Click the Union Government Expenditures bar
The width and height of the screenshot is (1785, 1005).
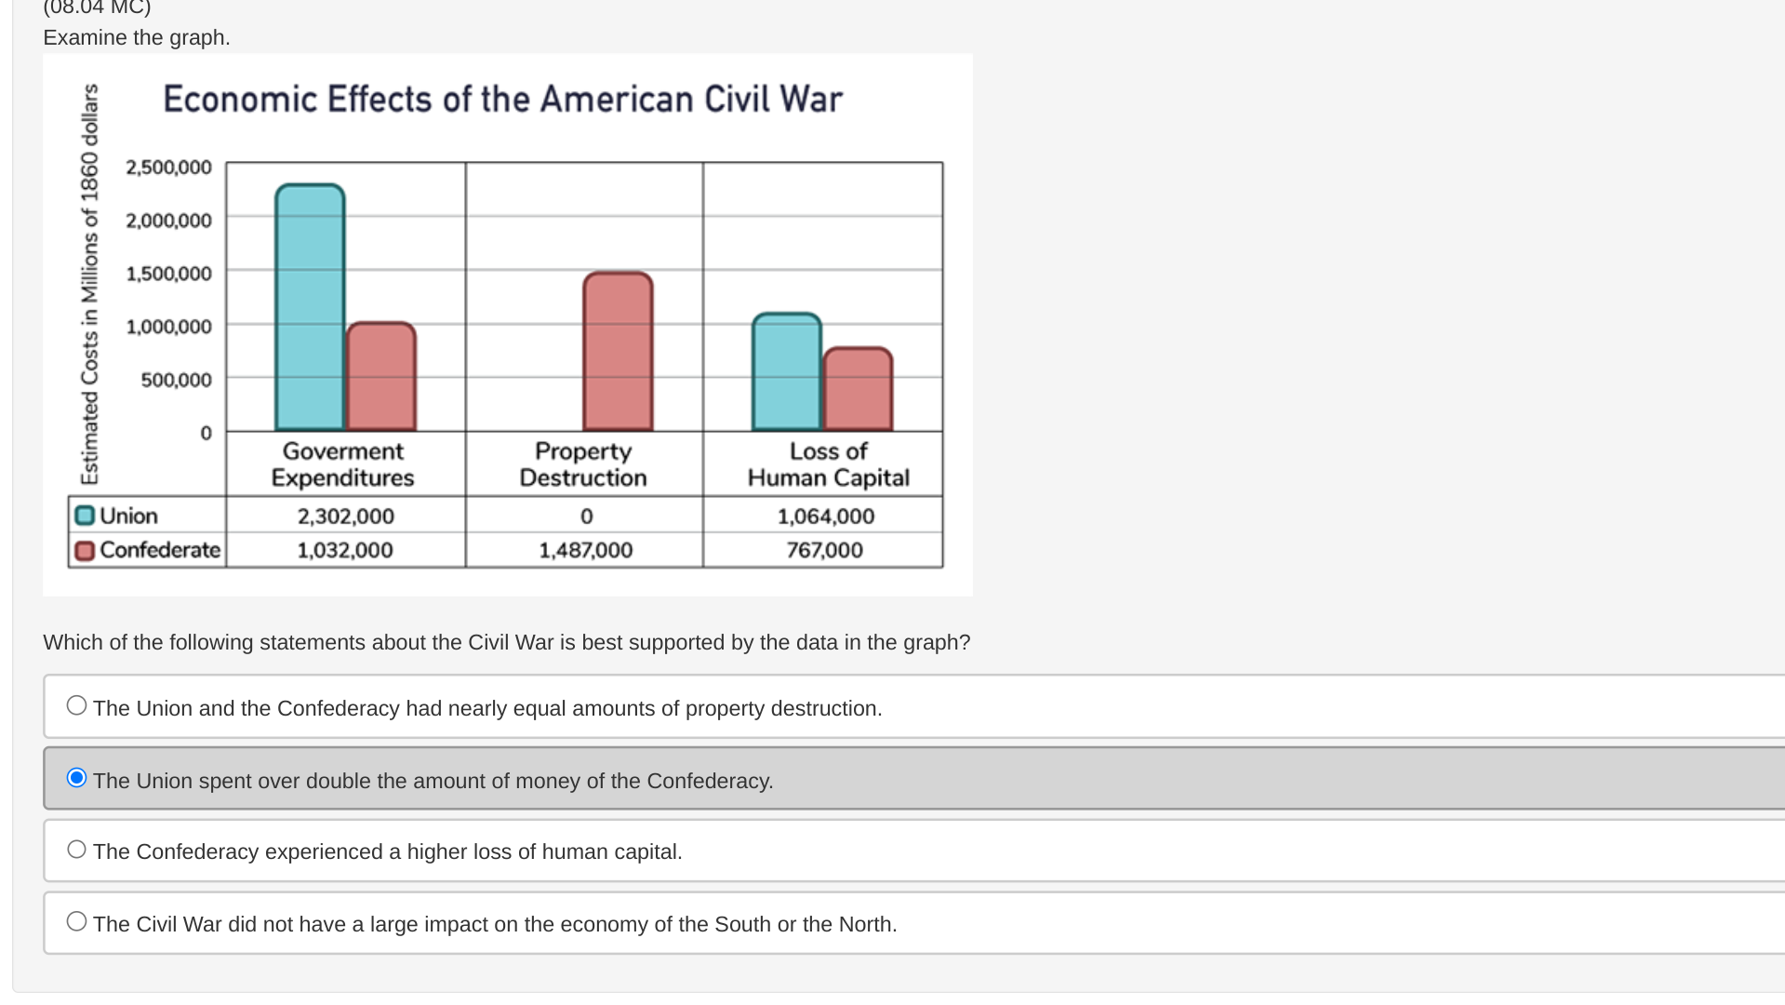310,307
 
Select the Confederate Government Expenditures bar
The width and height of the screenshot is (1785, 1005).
381,376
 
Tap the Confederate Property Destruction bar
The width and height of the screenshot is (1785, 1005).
618,351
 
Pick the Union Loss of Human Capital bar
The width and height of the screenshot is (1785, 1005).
787,371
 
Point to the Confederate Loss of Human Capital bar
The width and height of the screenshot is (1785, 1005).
858,389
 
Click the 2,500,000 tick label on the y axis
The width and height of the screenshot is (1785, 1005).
168,167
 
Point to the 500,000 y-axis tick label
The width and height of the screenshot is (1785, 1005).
176,380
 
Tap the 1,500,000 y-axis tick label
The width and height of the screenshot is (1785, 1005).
168,274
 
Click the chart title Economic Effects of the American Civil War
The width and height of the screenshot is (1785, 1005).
502,99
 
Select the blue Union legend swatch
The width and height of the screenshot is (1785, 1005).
85,516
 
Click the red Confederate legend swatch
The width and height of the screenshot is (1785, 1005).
85,551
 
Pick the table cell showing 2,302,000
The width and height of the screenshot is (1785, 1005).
345,516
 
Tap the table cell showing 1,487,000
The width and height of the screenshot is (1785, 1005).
585,550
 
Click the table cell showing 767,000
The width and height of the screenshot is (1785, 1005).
824,550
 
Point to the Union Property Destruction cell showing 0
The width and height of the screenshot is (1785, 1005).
586,516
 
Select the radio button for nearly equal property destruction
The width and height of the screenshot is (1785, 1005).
77,705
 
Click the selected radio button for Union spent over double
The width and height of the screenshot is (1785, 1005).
77,777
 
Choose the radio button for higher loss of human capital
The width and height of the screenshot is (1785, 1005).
77,849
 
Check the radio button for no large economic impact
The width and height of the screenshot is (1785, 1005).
77,921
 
